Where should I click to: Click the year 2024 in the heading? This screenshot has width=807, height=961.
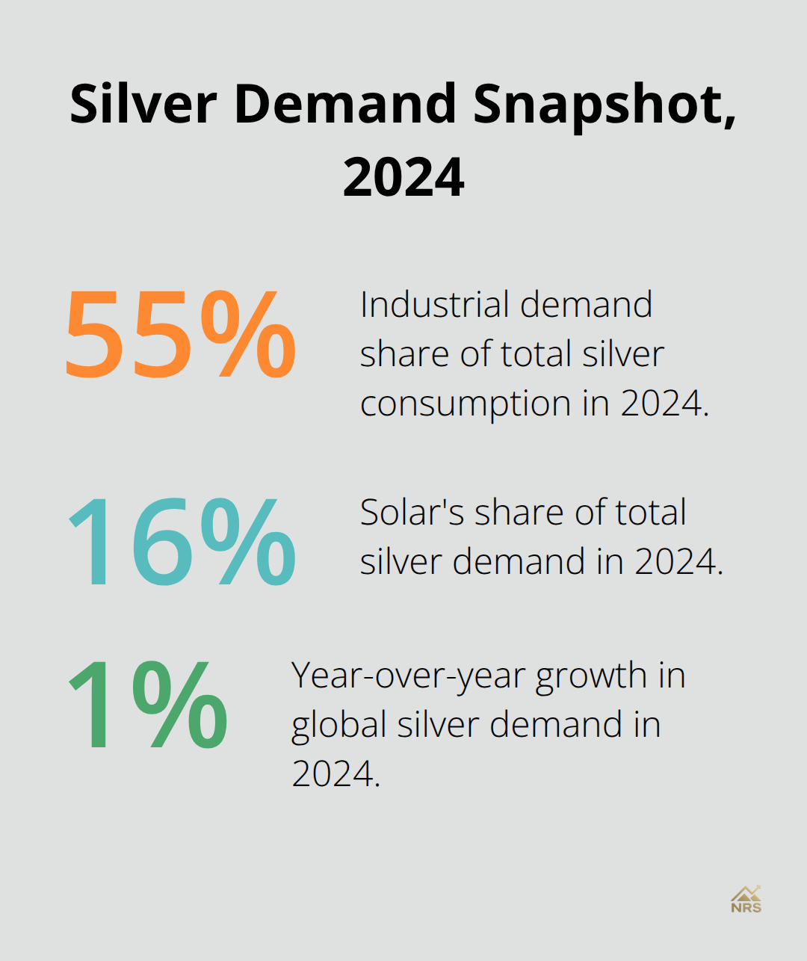click(403, 178)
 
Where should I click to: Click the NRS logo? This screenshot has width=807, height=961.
click(746, 899)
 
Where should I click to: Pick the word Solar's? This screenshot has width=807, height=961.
click(411, 513)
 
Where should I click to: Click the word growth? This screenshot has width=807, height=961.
click(590, 676)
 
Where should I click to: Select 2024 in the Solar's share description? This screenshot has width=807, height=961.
click(677, 562)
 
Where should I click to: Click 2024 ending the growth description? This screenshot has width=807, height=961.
click(334, 774)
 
